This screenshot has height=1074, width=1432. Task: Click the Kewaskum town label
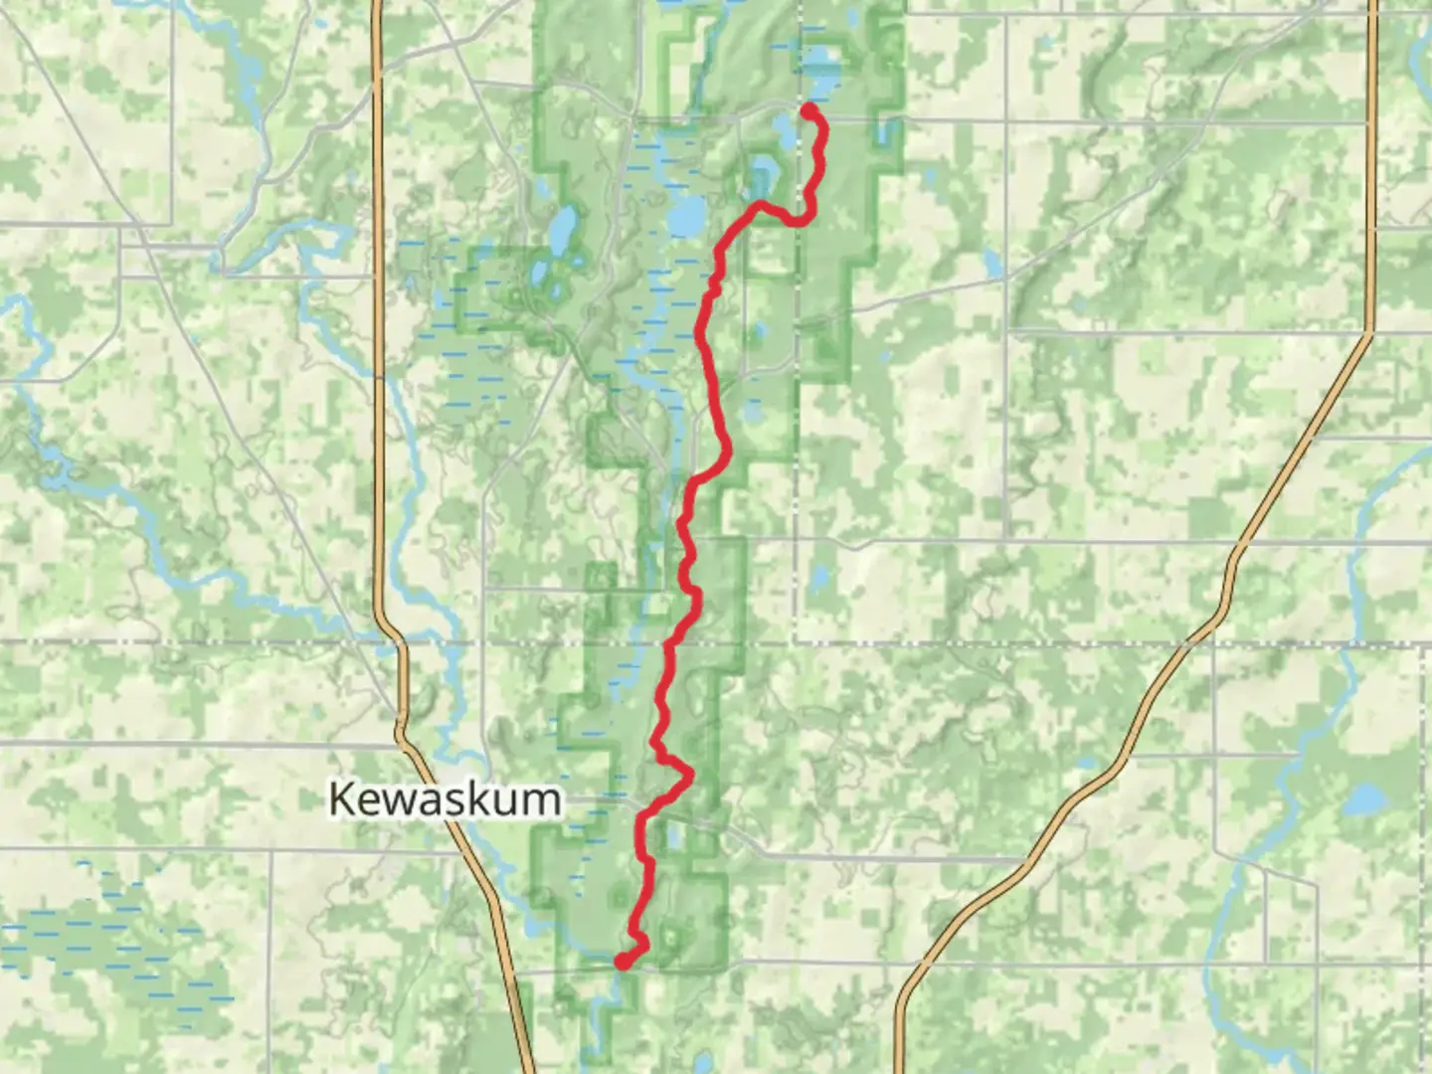444,799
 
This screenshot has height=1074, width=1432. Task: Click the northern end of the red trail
809,108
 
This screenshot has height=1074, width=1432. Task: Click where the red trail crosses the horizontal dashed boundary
669,643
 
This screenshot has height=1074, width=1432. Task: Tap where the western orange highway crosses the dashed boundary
402,643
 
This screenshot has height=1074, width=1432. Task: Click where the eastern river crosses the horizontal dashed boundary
1355,643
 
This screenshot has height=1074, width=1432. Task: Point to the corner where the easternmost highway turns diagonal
1370,334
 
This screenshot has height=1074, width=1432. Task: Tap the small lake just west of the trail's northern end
785,128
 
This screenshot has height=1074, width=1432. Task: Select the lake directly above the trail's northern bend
764,176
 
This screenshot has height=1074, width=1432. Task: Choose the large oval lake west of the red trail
687,214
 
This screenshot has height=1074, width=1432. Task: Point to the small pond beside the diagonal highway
992,264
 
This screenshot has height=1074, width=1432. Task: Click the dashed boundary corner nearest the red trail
797,643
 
